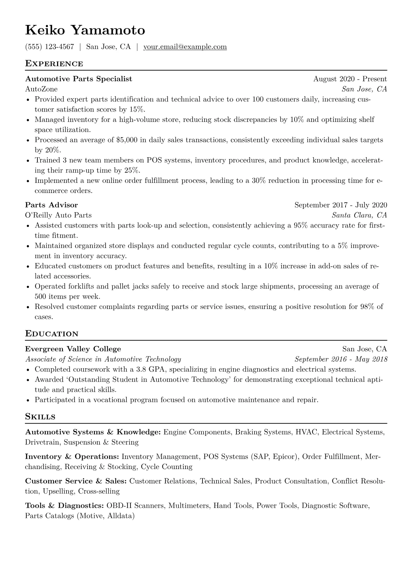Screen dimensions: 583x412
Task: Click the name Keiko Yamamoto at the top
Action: click(85, 30)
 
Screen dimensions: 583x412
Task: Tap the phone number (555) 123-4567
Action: click(50, 47)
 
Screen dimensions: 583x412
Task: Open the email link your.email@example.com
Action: click(185, 47)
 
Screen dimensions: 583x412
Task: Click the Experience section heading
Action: click(54, 64)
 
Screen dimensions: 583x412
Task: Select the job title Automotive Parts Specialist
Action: click(79, 79)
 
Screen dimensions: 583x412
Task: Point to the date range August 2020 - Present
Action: click(350, 79)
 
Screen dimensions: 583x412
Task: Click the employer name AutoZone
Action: click(41, 89)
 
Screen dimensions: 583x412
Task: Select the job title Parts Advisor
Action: click(52, 205)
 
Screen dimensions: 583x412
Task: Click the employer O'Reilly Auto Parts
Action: click(58, 215)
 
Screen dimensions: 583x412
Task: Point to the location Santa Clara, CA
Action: click(359, 215)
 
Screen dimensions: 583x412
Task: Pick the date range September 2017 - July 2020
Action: click(341, 205)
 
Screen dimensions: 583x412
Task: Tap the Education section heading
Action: click(52, 334)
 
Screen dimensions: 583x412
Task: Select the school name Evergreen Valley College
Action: click(73, 349)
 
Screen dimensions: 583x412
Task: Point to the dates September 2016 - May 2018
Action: click(341, 359)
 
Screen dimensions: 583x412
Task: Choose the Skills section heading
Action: click(40, 417)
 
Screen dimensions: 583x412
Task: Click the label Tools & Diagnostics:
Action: click(64, 506)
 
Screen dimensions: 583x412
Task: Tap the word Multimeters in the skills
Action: click(189, 506)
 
